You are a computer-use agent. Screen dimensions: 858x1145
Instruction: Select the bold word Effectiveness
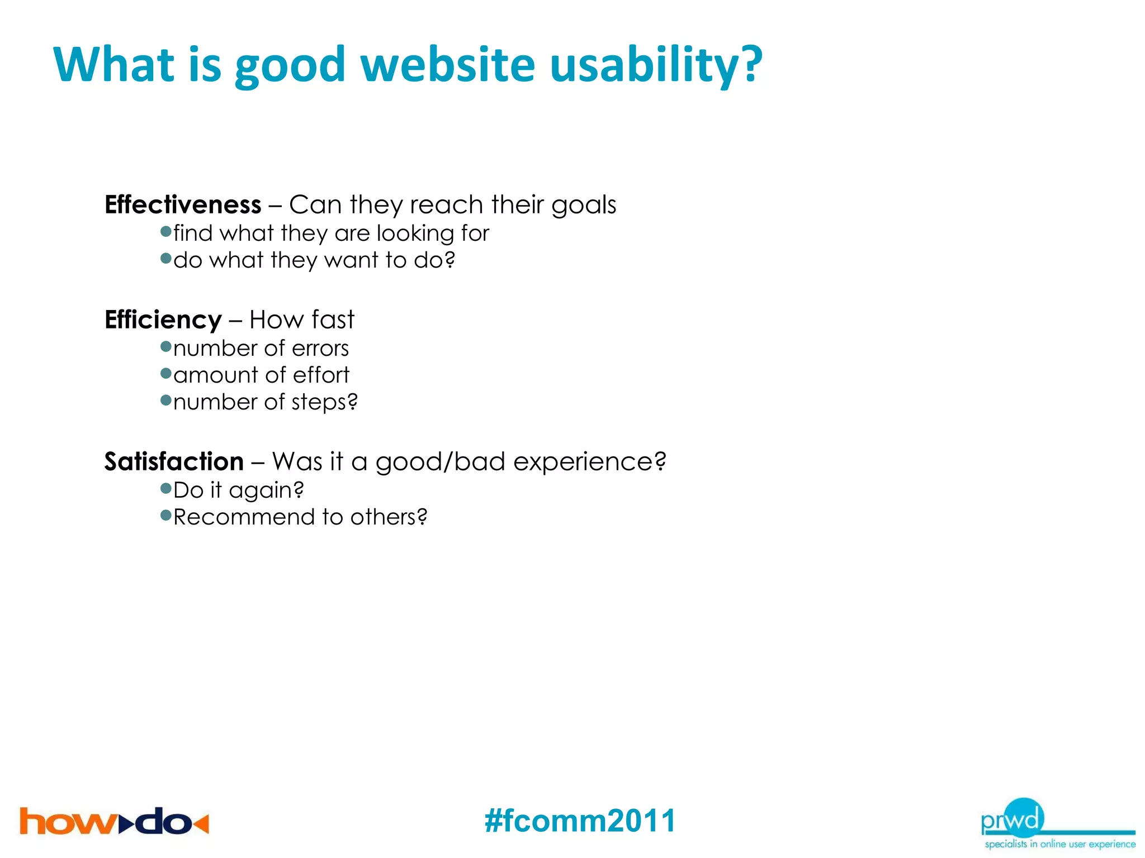pyautogui.click(x=183, y=204)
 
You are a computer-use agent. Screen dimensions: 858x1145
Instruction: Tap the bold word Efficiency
pyautogui.click(x=163, y=320)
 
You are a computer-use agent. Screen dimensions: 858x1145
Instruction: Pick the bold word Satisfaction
pyautogui.click(x=174, y=461)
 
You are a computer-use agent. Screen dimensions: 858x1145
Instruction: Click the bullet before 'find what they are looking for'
pyautogui.click(x=165, y=231)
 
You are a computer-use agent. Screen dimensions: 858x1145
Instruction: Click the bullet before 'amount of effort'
pyautogui.click(x=165, y=373)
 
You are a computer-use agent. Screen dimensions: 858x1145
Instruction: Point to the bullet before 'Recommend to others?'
pyautogui.click(x=165, y=515)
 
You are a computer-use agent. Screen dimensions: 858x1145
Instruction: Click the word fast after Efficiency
pyautogui.click(x=333, y=320)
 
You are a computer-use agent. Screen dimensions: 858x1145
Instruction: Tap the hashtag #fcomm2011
pyautogui.click(x=580, y=821)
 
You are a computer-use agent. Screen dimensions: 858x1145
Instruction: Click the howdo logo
pyautogui.click(x=114, y=822)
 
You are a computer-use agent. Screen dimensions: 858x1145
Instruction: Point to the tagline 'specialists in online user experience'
pyautogui.click(x=1059, y=844)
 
